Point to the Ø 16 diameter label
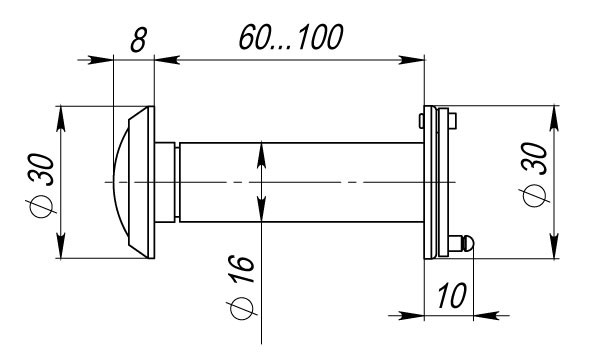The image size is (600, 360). tap(239, 289)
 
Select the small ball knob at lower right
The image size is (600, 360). tap(461, 242)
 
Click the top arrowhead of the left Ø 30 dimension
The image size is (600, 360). tap(63, 113)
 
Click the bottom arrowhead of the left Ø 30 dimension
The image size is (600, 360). tap(63, 251)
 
